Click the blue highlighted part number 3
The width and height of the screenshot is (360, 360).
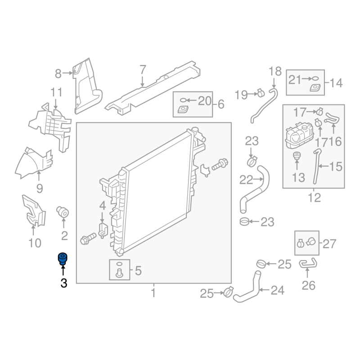coord(63,259)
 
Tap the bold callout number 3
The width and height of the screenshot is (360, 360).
coord(64,283)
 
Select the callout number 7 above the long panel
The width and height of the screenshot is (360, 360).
coord(143,70)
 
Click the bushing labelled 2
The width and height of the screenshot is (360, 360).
coord(63,211)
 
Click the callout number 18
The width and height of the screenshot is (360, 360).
coord(275,72)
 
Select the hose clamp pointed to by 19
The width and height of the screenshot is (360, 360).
coord(261,93)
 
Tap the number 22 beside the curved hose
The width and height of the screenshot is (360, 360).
coord(246,180)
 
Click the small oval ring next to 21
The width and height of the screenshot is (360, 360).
coord(316,78)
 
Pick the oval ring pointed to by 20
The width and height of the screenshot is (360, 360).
coord(183,100)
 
